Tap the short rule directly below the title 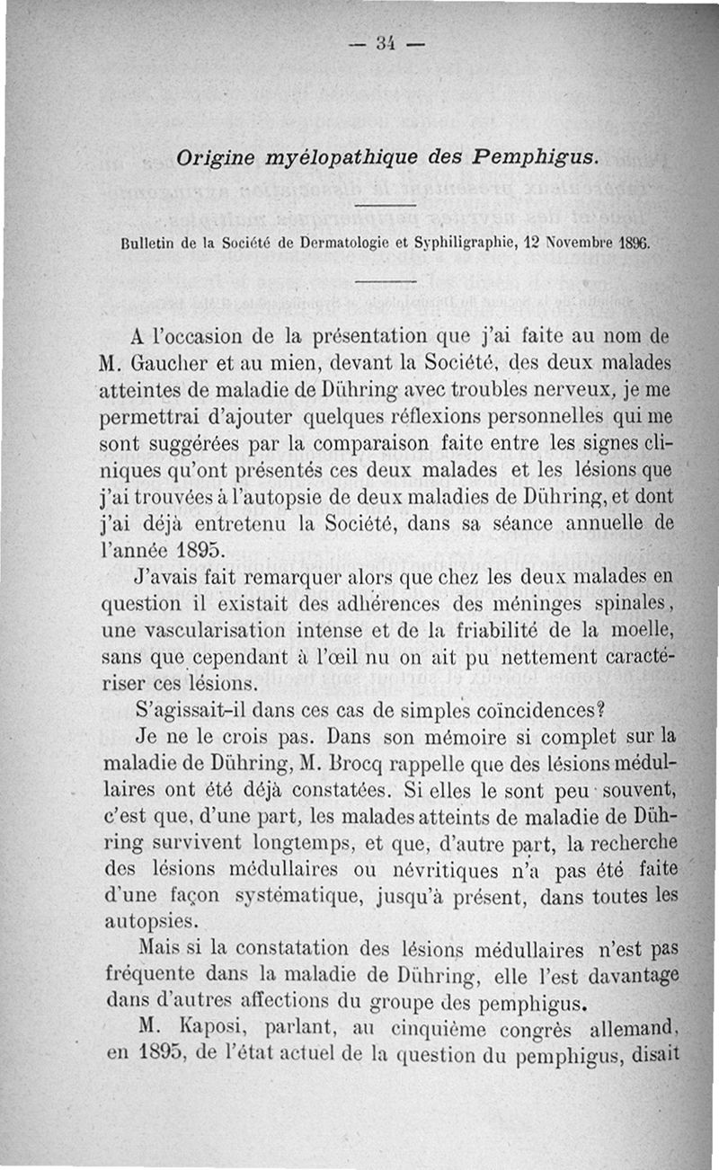point(386,208)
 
